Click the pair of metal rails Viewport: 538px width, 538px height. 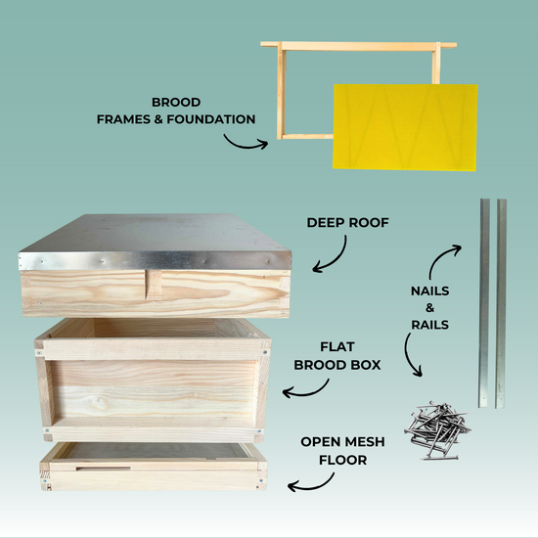pyautogui.click(x=491, y=303)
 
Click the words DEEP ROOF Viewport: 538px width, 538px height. pyautogui.click(x=347, y=223)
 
